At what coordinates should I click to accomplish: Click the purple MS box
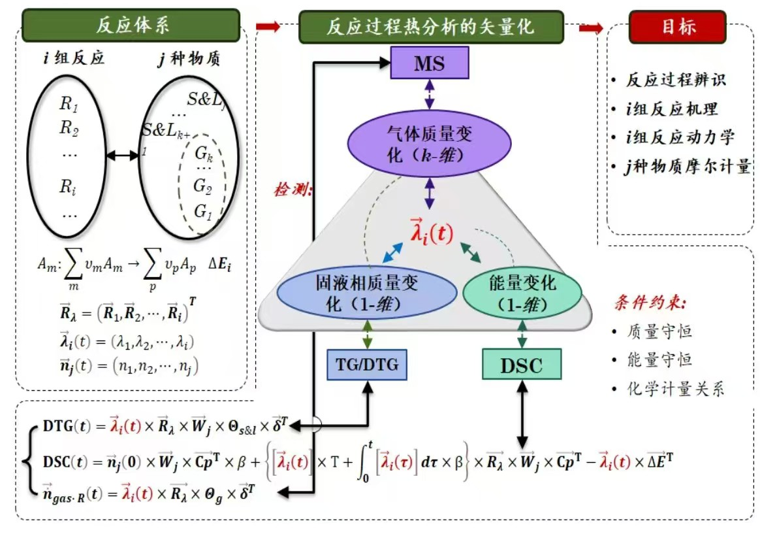429,63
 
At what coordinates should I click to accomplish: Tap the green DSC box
522,365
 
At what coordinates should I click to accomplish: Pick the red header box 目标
678,27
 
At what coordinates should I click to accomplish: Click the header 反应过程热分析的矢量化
431,27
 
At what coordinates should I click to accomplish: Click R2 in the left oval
69,127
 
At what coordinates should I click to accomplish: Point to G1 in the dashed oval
204,211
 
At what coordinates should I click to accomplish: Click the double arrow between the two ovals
121,156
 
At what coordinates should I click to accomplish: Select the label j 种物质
189,59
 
